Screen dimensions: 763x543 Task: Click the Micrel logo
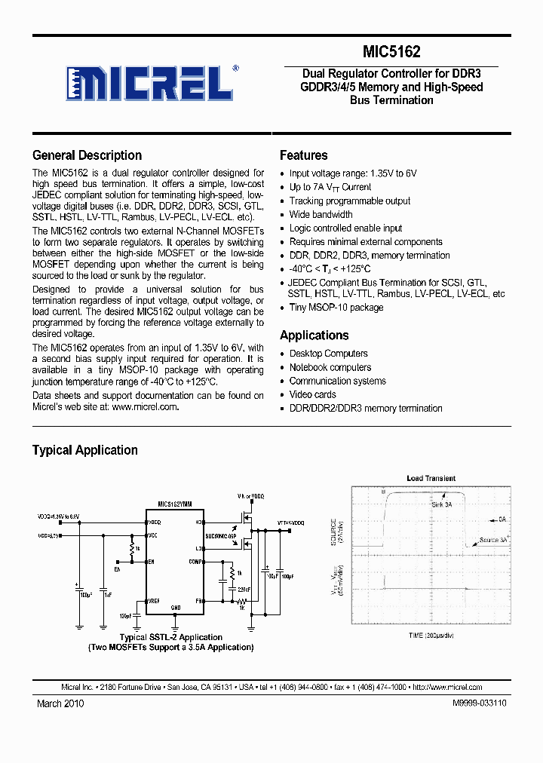tap(151, 83)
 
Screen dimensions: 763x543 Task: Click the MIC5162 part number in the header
tap(391, 52)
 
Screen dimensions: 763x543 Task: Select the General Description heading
tap(87, 155)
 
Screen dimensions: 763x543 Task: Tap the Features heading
tap(303, 155)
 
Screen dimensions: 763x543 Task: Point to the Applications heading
tap(314, 336)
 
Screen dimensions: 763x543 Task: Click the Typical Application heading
tap(84, 450)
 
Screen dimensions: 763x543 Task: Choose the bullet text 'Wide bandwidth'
tap(321, 215)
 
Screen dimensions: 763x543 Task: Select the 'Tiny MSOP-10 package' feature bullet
tap(336, 308)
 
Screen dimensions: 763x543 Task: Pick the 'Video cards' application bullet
tap(313, 394)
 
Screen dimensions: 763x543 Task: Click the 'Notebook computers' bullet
tap(330, 367)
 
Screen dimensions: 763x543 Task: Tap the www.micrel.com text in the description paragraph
tap(146, 407)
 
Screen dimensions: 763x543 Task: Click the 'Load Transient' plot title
tap(431, 479)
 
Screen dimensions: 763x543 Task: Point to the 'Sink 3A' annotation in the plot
tap(442, 504)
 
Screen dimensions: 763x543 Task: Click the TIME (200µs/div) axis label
tap(431, 636)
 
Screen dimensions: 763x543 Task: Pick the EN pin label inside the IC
tap(151, 562)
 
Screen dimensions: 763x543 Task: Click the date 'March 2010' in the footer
tap(60, 703)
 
